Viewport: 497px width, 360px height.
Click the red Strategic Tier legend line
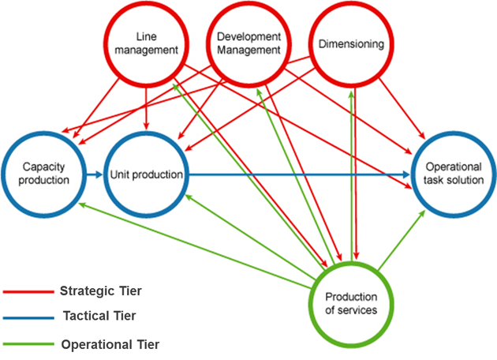pos(28,291)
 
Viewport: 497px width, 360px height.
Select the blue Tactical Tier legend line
pos(28,317)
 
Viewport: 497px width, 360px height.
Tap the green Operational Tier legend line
pos(28,343)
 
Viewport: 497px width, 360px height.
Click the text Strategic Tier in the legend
pos(101,291)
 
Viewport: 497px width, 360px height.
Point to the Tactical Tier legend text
pos(99,316)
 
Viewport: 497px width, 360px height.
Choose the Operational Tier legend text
pos(110,344)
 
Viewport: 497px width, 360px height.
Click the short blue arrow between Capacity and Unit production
pos(95,174)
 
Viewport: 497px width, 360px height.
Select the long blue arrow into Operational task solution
pos(300,174)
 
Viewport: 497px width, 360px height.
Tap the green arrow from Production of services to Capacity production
pos(195,246)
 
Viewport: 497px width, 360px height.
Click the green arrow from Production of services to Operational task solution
pos(402,241)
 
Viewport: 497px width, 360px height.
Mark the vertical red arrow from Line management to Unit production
pos(146,108)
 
